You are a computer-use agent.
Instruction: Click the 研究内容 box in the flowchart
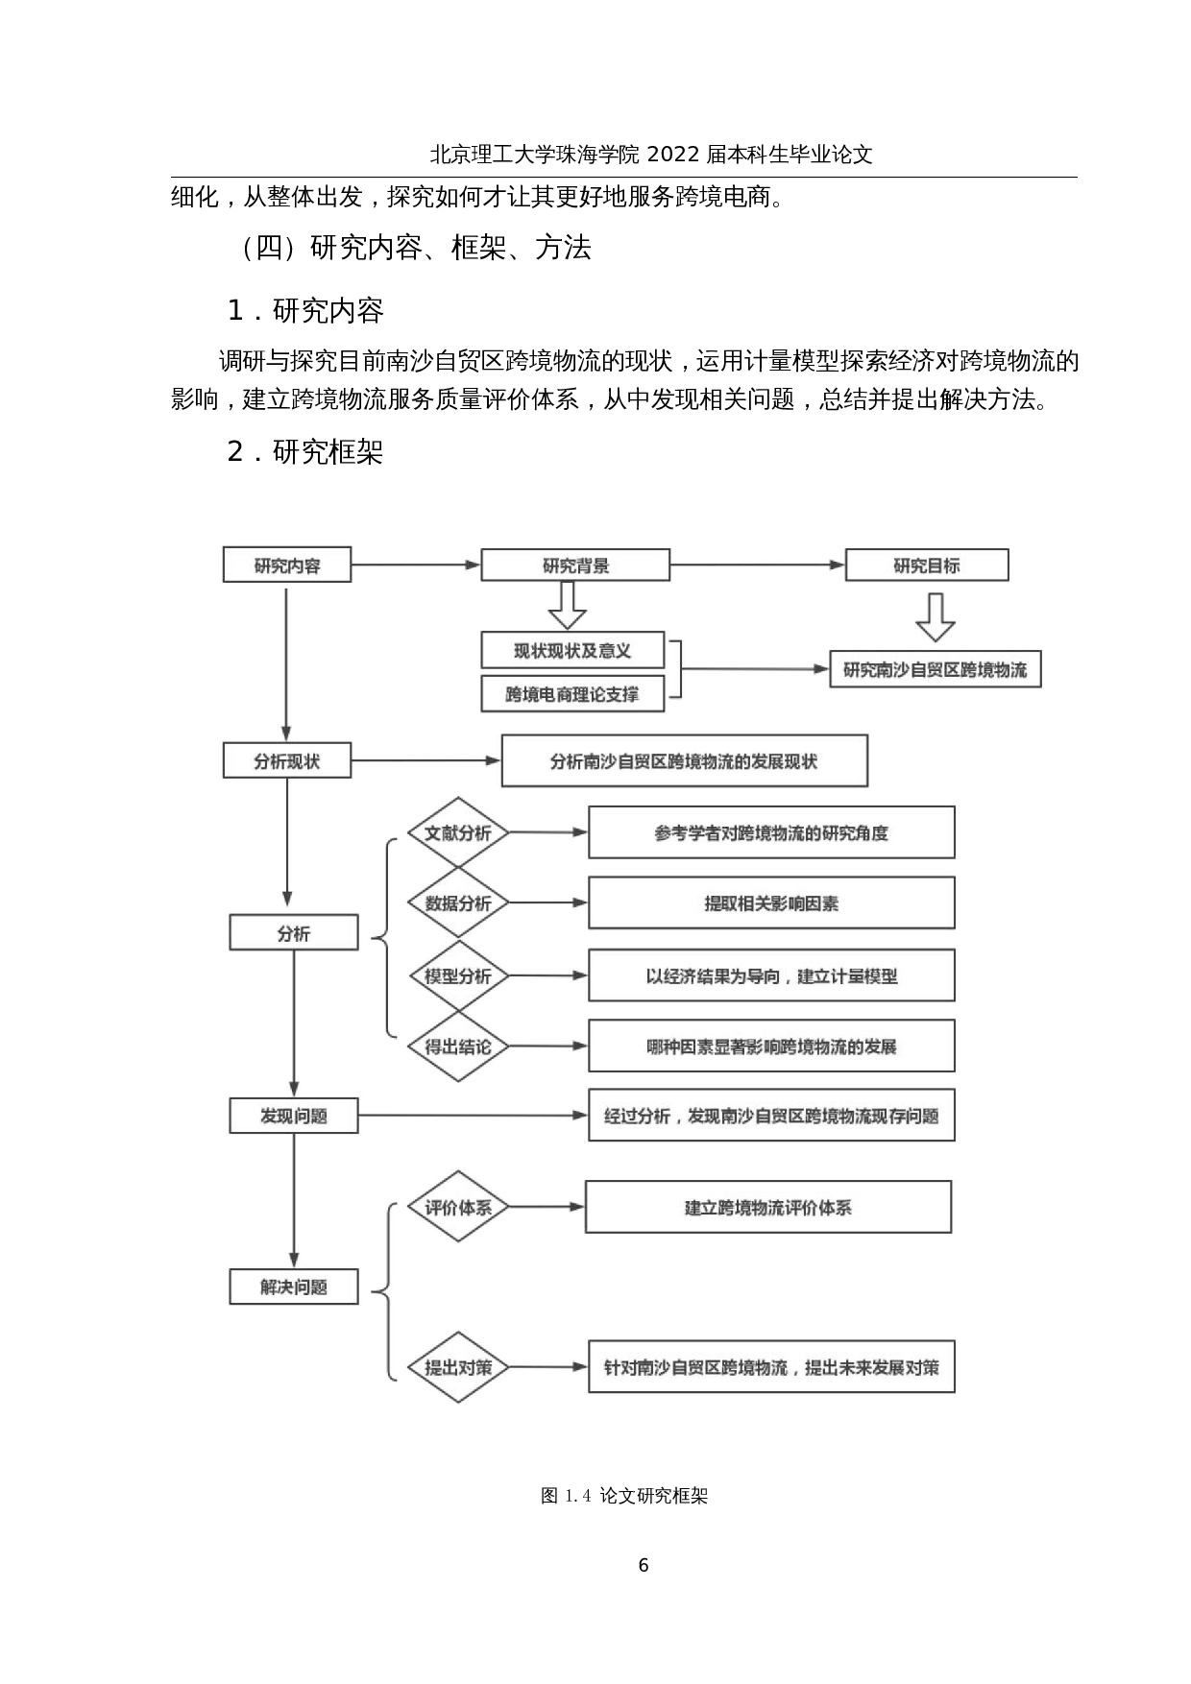(x=287, y=565)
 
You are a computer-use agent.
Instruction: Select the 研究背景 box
(x=575, y=565)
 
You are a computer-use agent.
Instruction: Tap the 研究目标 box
(x=927, y=565)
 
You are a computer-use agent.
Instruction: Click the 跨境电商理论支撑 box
(x=572, y=694)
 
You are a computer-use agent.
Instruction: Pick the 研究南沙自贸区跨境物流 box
(x=936, y=670)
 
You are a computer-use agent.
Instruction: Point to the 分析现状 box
(x=287, y=761)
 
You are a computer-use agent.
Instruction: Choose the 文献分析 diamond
(x=458, y=832)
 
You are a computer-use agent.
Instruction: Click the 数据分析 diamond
(x=458, y=903)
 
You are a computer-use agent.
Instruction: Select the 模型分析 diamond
(x=458, y=976)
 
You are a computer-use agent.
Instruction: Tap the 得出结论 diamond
(x=458, y=1046)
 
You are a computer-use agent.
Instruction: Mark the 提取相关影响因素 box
(x=771, y=903)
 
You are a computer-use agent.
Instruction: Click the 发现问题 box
(x=294, y=1116)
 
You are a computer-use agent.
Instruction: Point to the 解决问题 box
(x=294, y=1287)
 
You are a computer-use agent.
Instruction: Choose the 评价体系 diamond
(x=458, y=1207)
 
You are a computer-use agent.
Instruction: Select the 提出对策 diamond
(x=458, y=1367)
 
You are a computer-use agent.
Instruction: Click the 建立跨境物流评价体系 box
(x=768, y=1207)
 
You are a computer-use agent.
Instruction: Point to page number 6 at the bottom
(x=643, y=1565)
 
